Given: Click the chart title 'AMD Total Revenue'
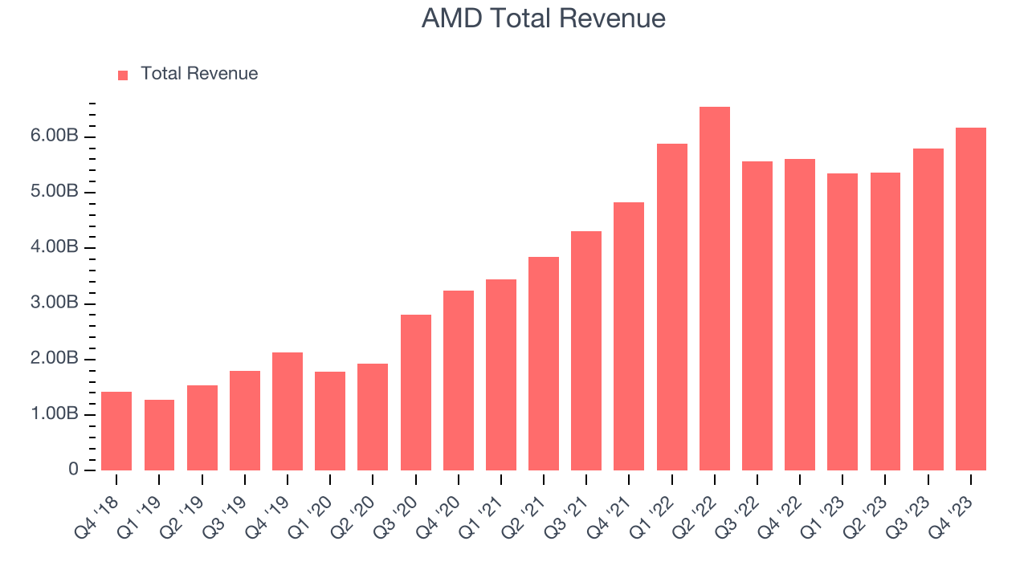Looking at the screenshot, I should [x=543, y=18].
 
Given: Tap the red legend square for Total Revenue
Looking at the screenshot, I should [x=123, y=75].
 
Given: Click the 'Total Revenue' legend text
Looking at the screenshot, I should [x=199, y=74].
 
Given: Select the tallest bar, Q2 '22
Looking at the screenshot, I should [x=714, y=289].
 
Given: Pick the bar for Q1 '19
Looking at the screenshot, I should [x=159, y=435].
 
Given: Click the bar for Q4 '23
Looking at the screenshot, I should [x=970, y=299].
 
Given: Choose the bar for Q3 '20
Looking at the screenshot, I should [x=415, y=393].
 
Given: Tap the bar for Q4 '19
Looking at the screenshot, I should [x=288, y=411].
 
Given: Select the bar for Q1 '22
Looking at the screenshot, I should [x=671, y=307].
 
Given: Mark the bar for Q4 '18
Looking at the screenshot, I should [x=116, y=431].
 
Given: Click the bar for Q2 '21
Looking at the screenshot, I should [x=544, y=364].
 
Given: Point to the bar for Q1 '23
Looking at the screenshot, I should [x=842, y=322].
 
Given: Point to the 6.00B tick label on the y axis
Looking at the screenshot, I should [x=55, y=136].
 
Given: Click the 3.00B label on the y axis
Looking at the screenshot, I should [x=55, y=303].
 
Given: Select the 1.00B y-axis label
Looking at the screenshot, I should [x=55, y=414].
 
